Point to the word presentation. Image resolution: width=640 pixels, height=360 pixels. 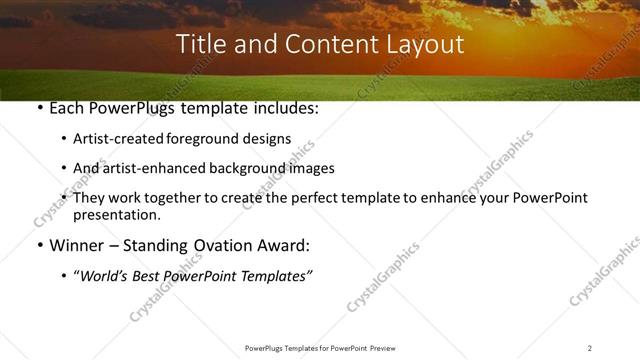[116, 214]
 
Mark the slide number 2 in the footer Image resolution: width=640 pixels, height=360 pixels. [590, 348]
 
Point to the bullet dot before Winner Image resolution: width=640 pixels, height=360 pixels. [38, 246]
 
